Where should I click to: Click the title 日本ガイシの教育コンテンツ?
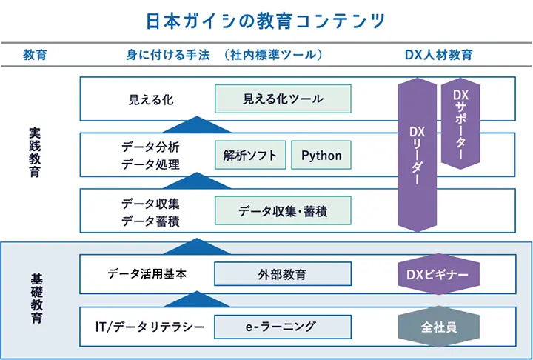point(266,20)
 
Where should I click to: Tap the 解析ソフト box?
point(250,156)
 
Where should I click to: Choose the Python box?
point(321,156)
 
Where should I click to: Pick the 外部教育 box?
point(282,274)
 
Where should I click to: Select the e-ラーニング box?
point(282,326)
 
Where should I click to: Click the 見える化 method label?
point(151,99)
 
